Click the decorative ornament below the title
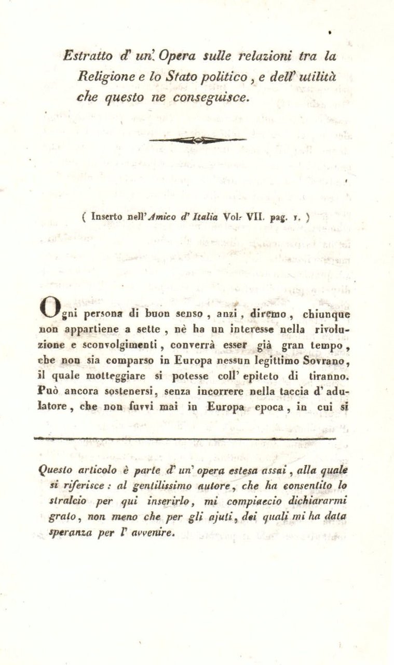coord(197,139)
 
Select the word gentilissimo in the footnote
coord(156,485)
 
